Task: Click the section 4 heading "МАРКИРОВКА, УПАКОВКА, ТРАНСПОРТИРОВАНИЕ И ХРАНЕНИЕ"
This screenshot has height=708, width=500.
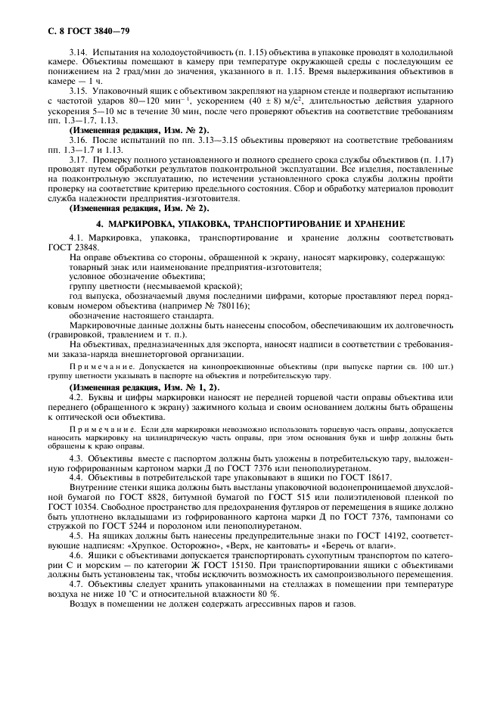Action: (x=250, y=225)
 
